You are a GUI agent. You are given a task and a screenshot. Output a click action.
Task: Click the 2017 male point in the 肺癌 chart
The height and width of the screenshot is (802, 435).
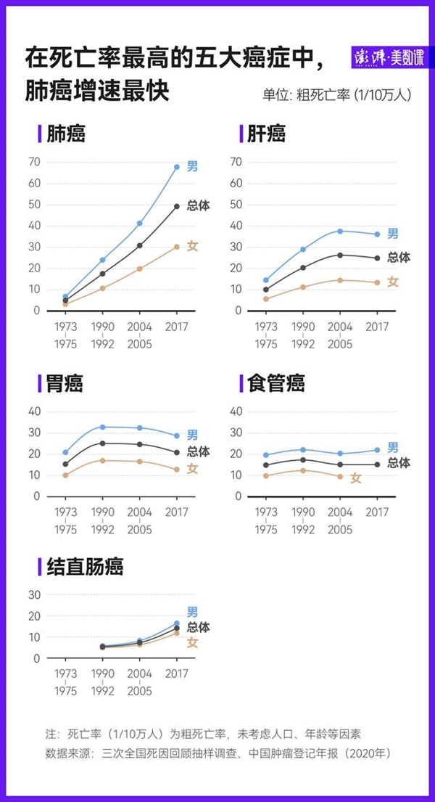pyautogui.click(x=177, y=167)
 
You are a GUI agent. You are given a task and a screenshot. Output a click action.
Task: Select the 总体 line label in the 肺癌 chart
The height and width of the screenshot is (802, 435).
pyautogui.click(x=198, y=205)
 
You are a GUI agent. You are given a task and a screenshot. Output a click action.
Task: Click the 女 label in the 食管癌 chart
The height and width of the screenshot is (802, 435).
pyautogui.click(x=355, y=478)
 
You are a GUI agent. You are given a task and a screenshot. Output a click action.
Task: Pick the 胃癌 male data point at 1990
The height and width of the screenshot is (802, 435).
pyautogui.click(x=102, y=427)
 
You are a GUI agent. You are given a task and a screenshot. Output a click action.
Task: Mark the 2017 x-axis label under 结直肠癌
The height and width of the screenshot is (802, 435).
pyautogui.click(x=177, y=674)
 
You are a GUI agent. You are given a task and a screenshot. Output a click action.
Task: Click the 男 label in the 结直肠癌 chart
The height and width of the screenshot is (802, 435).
pyautogui.click(x=192, y=612)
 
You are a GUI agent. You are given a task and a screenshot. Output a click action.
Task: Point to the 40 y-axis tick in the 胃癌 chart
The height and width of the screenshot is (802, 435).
pyautogui.click(x=34, y=411)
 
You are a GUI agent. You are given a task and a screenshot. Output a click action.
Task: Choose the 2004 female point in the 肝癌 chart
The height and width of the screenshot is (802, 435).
pyautogui.click(x=340, y=280)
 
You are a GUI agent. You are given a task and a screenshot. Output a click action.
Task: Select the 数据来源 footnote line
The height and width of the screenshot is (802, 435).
pyautogui.click(x=217, y=753)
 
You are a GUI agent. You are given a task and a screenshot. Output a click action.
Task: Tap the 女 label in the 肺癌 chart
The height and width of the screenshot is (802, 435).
pyautogui.click(x=192, y=246)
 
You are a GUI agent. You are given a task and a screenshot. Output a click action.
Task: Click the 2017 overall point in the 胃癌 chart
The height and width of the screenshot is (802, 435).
pyautogui.click(x=177, y=452)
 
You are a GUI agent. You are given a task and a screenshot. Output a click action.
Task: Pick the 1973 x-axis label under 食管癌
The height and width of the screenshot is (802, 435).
pyautogui.click(x=266, y=512)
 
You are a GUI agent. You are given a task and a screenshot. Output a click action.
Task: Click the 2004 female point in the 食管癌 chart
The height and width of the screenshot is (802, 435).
pyautogui.click(x=340, y=476)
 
